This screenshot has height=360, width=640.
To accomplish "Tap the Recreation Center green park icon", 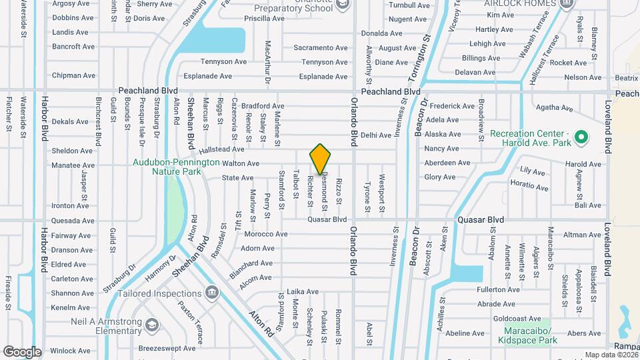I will [x=581, y=137].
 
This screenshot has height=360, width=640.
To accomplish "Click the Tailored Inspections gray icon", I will [x=212, y=292].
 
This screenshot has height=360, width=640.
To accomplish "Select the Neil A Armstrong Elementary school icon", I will [x=153, y=325].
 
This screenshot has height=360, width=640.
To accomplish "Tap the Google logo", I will [x=22, y=351].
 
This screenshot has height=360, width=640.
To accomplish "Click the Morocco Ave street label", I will [x=266, y=234].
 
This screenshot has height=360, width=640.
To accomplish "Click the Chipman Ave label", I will [x=73, y=76].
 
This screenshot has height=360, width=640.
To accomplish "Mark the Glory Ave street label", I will [x=440, y=177].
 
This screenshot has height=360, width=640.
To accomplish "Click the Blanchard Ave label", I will [x=251, y=263].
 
